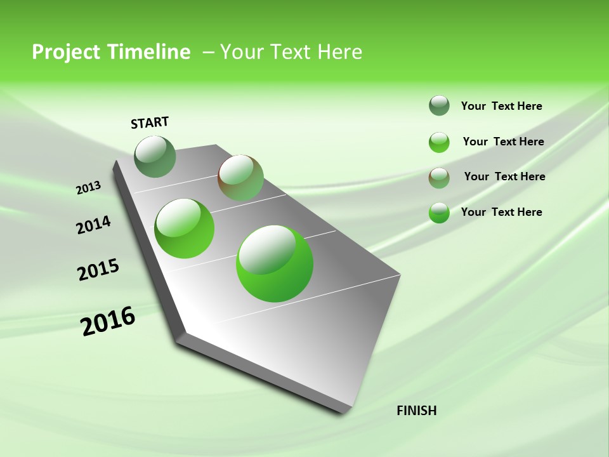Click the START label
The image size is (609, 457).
tap(150, 123)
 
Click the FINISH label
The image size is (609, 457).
tap(416, 411)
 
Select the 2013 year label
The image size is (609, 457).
tap(88, 188)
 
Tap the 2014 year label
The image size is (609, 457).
tap(93, 225)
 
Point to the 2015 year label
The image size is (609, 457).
tap(98, 270)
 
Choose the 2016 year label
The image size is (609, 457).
tap(108, 321)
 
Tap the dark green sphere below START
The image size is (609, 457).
tap(155, 157)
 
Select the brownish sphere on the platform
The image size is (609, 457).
tap(240, 178)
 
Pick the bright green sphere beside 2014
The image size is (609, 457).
tap(185, 228)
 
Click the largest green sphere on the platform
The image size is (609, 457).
tap(275, 263)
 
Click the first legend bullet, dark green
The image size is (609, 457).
tap(439, 106)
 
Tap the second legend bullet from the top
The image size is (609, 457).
tap(439, 142)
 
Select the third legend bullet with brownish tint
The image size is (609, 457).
tap(439, 177)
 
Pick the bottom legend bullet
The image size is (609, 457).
tap(439, 213)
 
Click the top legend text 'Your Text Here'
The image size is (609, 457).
tap(501, 106)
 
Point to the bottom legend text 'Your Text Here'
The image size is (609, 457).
tap(501, 212)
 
